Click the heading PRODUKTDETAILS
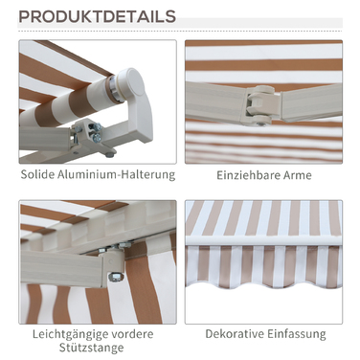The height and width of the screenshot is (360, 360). (x=97, y=16)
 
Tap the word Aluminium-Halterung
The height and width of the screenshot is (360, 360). (x=117, y=174)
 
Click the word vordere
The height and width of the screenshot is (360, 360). (x=133, y=334)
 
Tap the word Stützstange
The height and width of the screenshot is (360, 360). (x=92, y=348)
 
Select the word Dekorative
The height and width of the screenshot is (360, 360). (x=235, y=334)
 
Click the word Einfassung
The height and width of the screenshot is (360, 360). (x=297, y=334)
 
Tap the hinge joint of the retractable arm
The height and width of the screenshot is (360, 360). (x=260, y=104)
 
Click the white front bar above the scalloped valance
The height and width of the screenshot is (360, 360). (x=264, y=240)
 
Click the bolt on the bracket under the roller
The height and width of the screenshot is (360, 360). (x=97, y=138)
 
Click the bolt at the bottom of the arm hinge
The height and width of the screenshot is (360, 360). (x=260, y=124)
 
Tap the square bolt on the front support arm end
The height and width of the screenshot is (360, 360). (x=115, y=276)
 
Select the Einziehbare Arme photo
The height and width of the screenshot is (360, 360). (x=263, y=101)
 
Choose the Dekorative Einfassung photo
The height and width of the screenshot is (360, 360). (x=263, y=262)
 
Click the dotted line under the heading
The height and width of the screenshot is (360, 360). (x=180, y=32)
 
